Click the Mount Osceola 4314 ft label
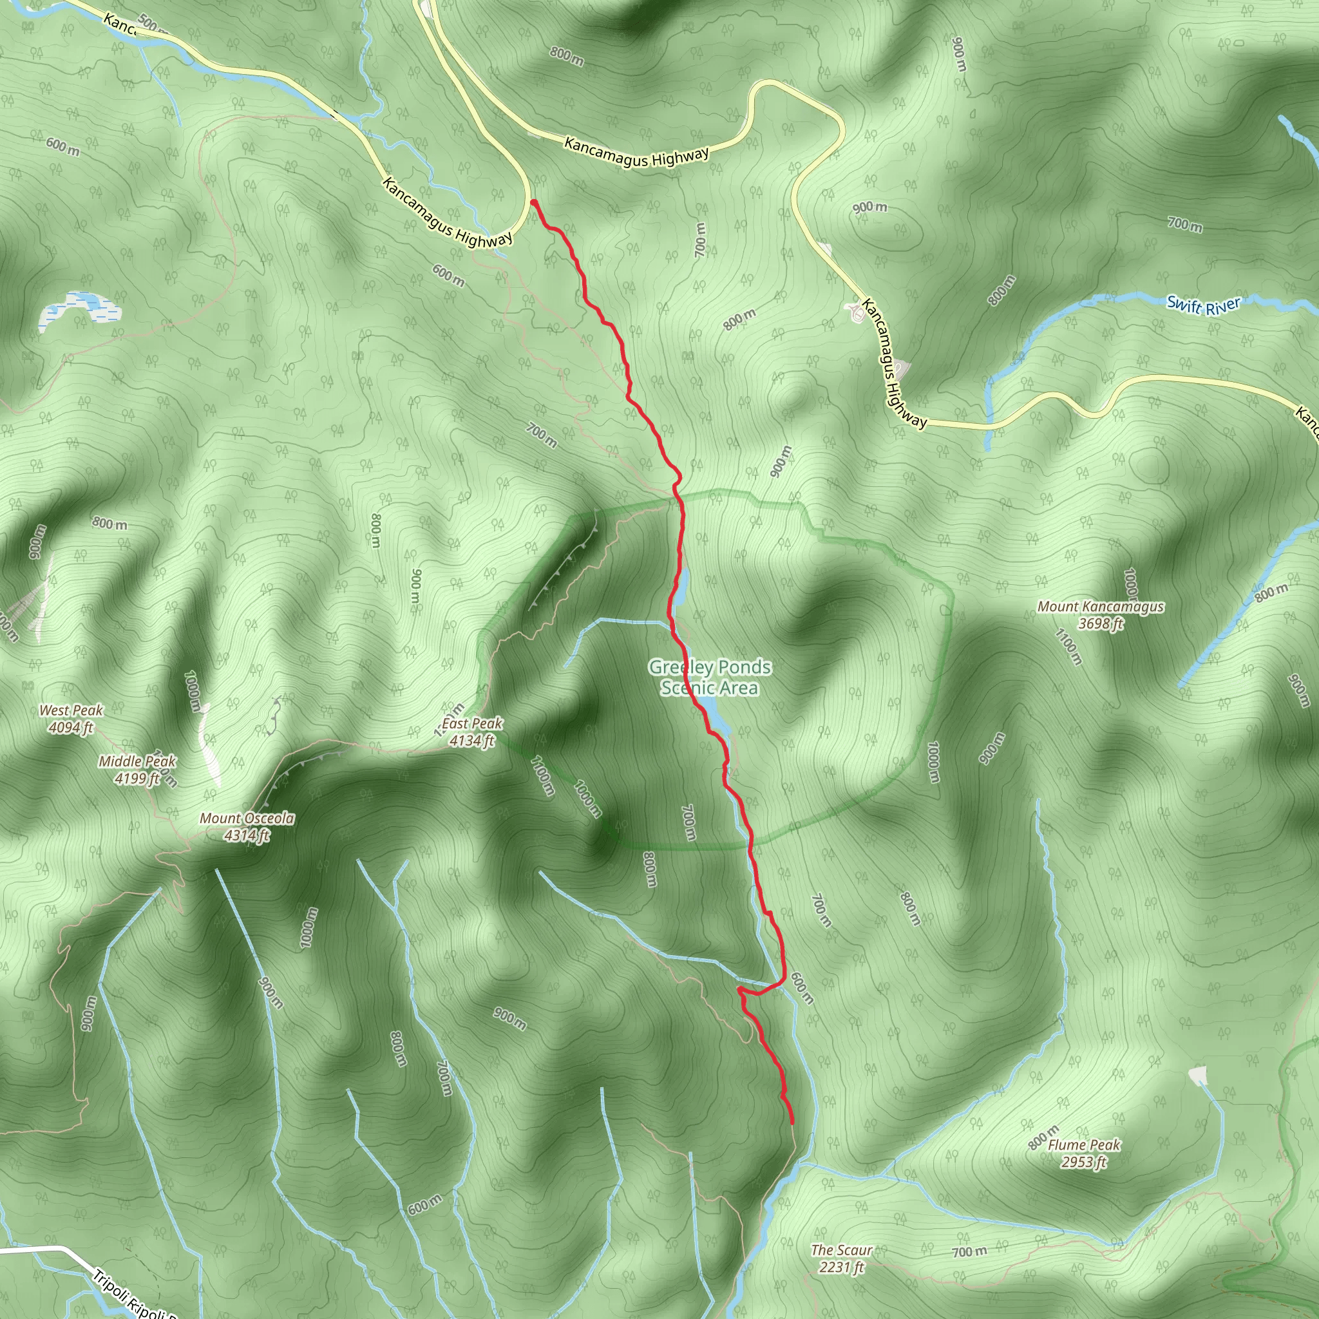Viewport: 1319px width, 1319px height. click(247, 826)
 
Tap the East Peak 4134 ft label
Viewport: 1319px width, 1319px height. click(471, 731)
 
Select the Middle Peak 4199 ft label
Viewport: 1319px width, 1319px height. click(137, 770)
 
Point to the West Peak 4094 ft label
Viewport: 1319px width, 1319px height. click(71, 718)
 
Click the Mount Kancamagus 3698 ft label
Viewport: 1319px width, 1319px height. click(1101, 614)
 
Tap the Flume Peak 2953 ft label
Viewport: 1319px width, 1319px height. click(1084, 1153)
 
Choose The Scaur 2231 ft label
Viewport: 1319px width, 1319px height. click(841, 1258)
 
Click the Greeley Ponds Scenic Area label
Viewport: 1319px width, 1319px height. click(710, 677)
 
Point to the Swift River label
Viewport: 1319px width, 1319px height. click(1203, 305)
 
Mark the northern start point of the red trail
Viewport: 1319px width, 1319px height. click(533, 202)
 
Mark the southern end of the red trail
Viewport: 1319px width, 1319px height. click(792, 1123)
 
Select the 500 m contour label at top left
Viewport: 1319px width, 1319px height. click(151, 26)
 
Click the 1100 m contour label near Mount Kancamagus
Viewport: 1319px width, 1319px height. click(1068, 647)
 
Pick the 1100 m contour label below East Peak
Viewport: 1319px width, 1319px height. click(543, 775)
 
